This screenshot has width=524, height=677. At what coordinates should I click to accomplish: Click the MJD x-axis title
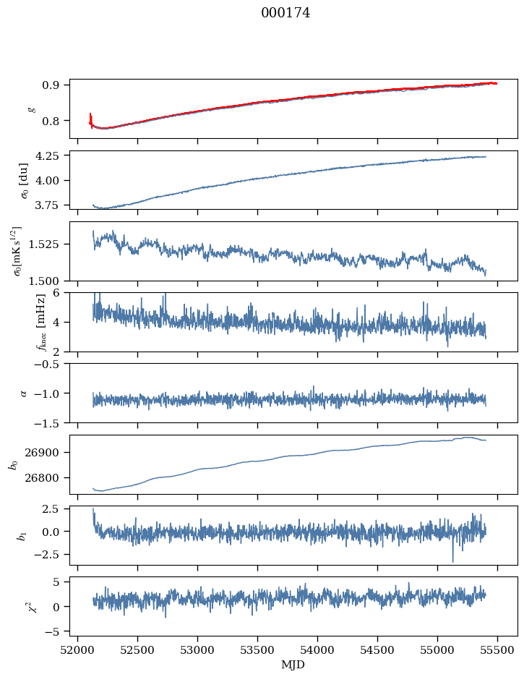click(x=293, y=665)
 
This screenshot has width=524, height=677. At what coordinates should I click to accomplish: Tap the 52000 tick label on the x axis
click(x=78, y=650)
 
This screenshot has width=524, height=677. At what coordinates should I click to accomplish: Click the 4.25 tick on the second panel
click(x=52, y=156)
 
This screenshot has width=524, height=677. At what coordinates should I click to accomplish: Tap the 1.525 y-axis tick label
click(x=49, y=244)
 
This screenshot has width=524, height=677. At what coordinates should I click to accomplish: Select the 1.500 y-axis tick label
click(x=49, y=281)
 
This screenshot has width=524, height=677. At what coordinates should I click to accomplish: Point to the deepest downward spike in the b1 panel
click(x=453, y=561)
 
